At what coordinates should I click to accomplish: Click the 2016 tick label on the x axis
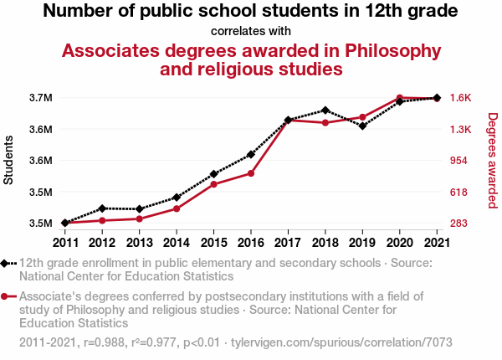click(250, 243)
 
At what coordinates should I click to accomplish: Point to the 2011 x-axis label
click(64, 243)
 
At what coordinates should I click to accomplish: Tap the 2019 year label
click(361, 243)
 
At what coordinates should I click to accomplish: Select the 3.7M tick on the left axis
click(40, 98)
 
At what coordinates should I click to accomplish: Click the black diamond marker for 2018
click(325, 110)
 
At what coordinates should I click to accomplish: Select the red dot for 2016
click(251, 173)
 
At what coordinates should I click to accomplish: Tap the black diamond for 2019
click(362, 126)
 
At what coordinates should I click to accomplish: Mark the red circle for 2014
click(177, 208)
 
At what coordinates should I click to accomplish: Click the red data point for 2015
click(213, 184)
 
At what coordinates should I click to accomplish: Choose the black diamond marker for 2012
click(102, 208)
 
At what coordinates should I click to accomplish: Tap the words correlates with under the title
click(251, 31)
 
